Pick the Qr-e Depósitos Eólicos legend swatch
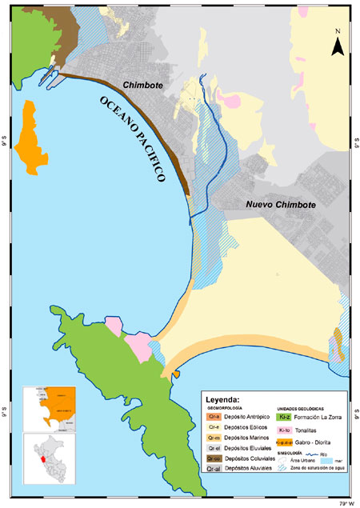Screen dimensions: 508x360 point(214,428)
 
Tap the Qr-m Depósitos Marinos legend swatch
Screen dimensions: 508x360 point(214,438)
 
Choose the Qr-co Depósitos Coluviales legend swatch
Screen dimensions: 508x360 point(214,459)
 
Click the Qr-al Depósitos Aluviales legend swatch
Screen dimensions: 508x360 point(214,470)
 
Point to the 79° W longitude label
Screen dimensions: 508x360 point(343,502)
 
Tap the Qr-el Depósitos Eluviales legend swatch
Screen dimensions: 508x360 point(214,449)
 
